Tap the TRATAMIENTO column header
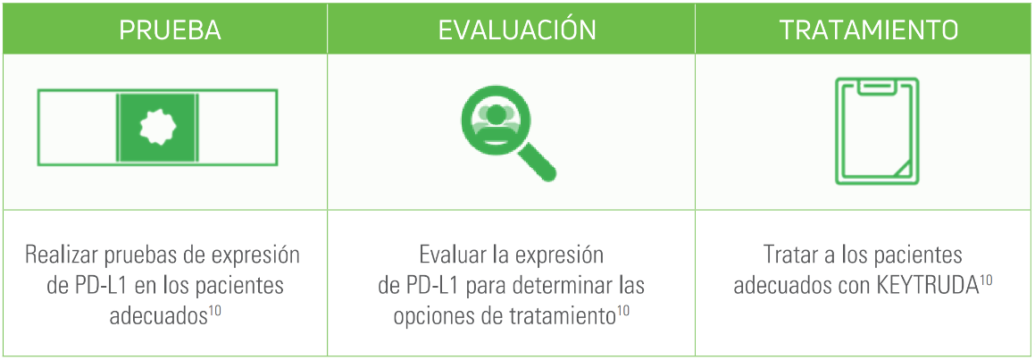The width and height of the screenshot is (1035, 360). tap(869, 29)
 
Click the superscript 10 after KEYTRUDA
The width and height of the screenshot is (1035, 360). tap(986, 280)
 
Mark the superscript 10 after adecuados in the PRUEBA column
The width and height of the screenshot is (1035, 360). tap(215, 312)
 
